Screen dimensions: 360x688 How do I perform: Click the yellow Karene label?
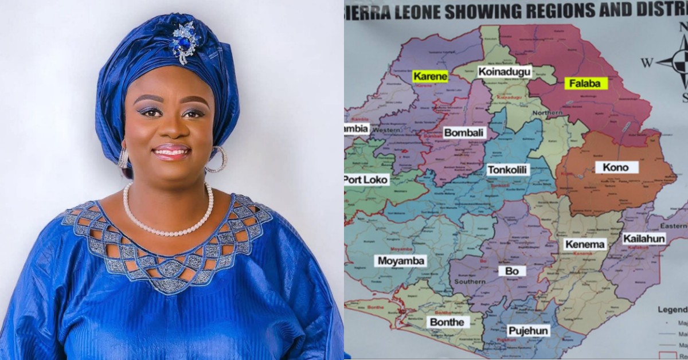click(x=430, y=76)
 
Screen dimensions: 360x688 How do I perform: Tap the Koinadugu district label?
click(x=505, y=72)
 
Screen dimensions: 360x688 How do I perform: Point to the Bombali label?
click(x=464, y=133)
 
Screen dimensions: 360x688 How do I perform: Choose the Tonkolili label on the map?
click(x=507, y=170)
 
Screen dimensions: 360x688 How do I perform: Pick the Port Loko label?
click(x=366, y=179)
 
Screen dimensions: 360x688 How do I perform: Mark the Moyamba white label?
click(x=401, y=261)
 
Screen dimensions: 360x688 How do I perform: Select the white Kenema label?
click(x=585, y=245)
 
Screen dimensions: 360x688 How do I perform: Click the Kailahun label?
click(x=644, y=238)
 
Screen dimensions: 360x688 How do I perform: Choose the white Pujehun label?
click(x=529, y=331)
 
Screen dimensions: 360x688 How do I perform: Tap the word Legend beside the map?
click(x=672, y=310)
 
